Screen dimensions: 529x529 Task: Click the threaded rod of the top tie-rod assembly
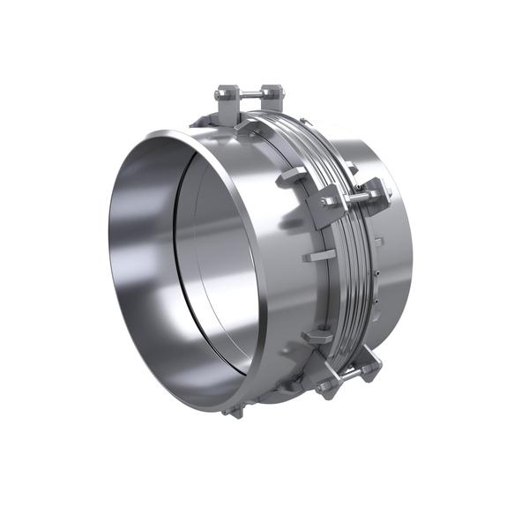[248, 93]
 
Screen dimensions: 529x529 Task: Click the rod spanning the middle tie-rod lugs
[353, 198]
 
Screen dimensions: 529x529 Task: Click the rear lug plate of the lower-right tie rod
[370, 365]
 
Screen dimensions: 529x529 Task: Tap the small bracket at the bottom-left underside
[234, 410]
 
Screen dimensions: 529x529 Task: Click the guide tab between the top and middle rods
[292, 175]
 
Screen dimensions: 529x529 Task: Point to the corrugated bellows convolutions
[348, 264]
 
